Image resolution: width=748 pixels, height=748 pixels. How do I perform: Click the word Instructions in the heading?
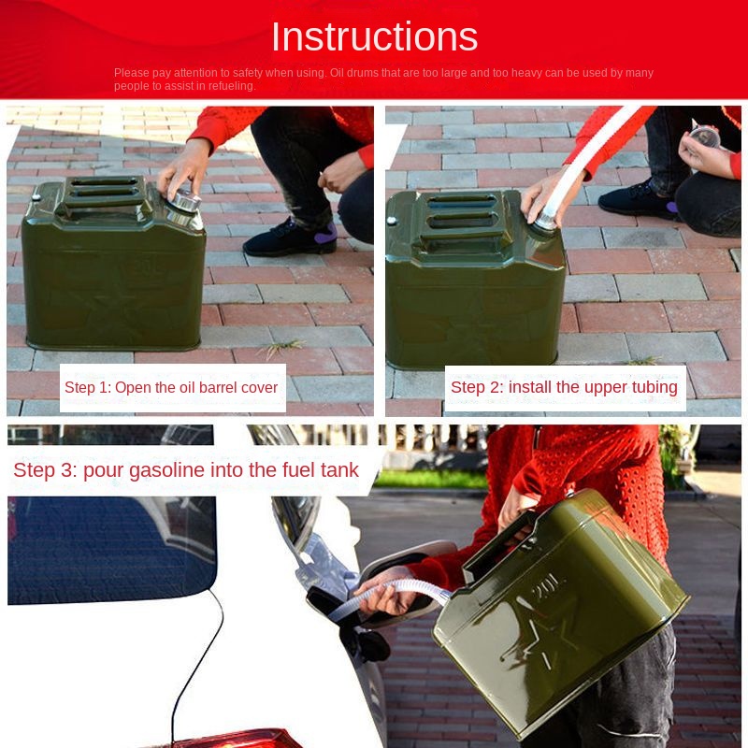click(375, 36)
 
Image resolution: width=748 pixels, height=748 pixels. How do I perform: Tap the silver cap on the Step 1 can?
click(185, 201)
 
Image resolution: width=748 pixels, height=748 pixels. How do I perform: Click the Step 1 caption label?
click(172, 387)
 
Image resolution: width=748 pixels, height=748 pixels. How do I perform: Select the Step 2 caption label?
click(565, 388)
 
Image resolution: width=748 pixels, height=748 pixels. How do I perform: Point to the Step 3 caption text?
click(186, 470)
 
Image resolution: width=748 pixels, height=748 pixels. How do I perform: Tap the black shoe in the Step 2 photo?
click(639, 199)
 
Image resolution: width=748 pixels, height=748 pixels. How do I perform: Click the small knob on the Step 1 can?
click(36, 197)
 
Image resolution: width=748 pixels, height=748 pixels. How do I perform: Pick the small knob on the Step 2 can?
click(392, 221)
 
